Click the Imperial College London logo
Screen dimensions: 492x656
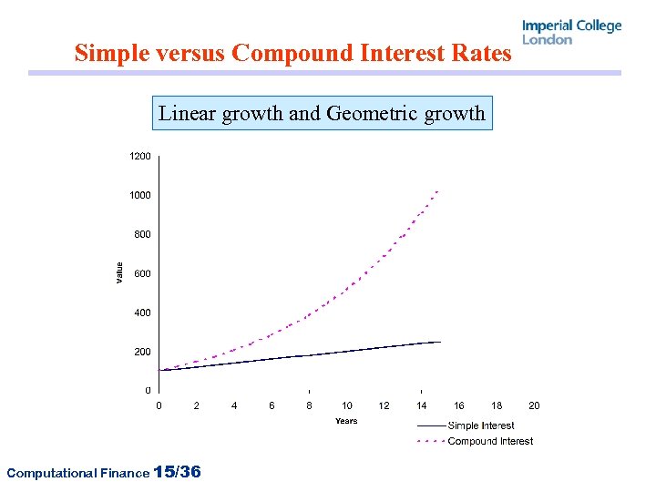point(571,32)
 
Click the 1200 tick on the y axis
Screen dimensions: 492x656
point(139,157)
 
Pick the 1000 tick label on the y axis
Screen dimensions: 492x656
point(139,196)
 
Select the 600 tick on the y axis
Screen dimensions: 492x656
point(142,273)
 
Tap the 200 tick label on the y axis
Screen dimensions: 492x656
point(142,352)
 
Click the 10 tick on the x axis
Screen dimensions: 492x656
point(347,405)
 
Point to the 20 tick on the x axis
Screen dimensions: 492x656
point(534,405)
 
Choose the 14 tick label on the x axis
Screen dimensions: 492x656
point(422,405)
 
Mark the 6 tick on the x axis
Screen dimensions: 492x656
point(272,405)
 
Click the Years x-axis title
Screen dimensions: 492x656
point(346,421)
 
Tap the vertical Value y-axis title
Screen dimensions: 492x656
point(119,272)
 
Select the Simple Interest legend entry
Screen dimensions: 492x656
point(480,425)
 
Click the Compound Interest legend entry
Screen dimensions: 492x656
point(490,441)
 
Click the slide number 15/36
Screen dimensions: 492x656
point(179,472)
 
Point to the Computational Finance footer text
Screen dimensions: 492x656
point(77,473)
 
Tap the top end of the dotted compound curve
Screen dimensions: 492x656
point(438,191)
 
